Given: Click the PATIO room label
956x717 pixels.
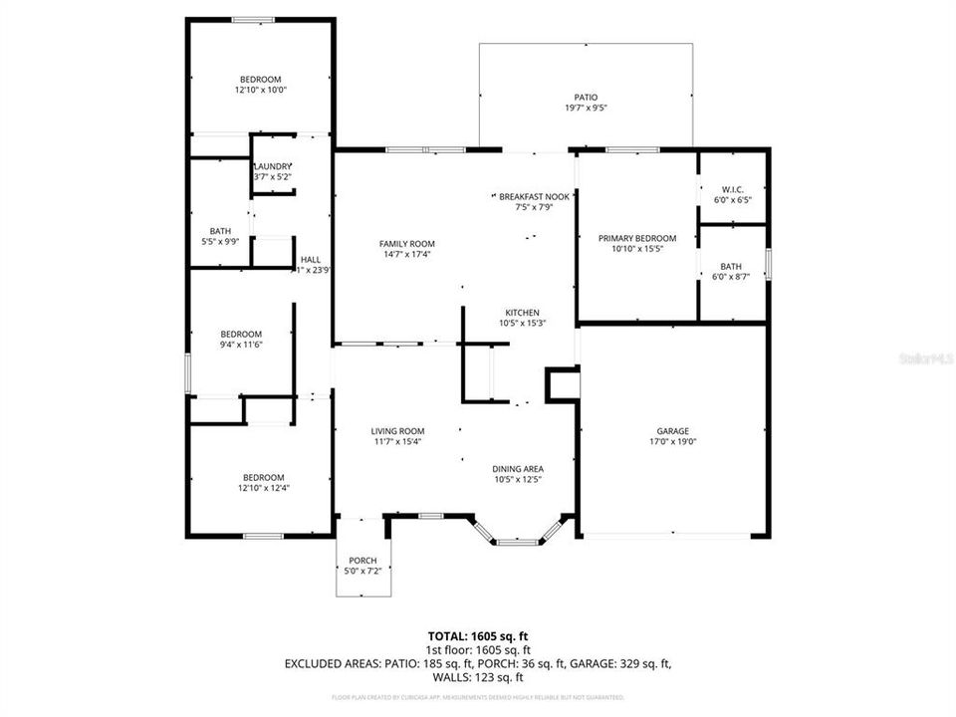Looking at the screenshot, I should [585, 98].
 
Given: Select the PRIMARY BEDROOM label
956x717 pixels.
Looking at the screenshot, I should [637, 238].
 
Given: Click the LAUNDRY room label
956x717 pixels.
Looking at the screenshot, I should [273, 166].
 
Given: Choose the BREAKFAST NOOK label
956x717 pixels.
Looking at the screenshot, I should [535, 197].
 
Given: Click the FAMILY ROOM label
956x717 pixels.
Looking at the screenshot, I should [406, 244].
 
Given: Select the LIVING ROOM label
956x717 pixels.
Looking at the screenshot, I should [397, 430].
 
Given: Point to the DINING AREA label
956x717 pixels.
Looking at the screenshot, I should [518, 468].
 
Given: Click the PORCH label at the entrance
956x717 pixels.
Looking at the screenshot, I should [362, 561].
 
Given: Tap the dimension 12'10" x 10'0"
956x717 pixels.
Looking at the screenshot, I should [260, 90].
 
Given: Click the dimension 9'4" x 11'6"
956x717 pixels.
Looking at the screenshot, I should [241, 345].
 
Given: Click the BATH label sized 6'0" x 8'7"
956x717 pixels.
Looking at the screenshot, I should [731, 266].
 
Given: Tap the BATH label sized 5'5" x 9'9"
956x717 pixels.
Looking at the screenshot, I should [220, 231].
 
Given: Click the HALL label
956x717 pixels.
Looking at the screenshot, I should [311, 259].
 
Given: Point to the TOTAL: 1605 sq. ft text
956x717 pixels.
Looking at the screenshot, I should [477, 635].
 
